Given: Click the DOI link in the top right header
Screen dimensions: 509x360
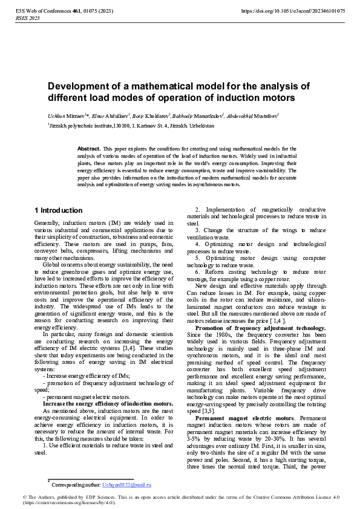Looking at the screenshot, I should (293, 11).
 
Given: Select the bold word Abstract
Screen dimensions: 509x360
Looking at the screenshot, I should (89, 148).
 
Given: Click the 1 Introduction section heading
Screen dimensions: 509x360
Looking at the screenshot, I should (59, 211).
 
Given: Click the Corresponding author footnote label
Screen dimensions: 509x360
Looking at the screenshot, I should (76, 485).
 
